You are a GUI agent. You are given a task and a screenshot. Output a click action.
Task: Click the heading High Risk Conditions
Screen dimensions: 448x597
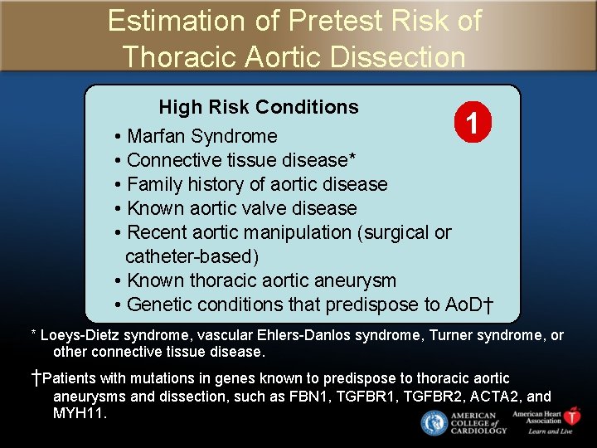click(259, 107)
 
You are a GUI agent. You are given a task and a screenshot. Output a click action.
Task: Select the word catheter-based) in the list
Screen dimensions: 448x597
click(192, 256)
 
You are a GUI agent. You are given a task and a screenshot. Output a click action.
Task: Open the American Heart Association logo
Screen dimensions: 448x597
click(546, 421)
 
